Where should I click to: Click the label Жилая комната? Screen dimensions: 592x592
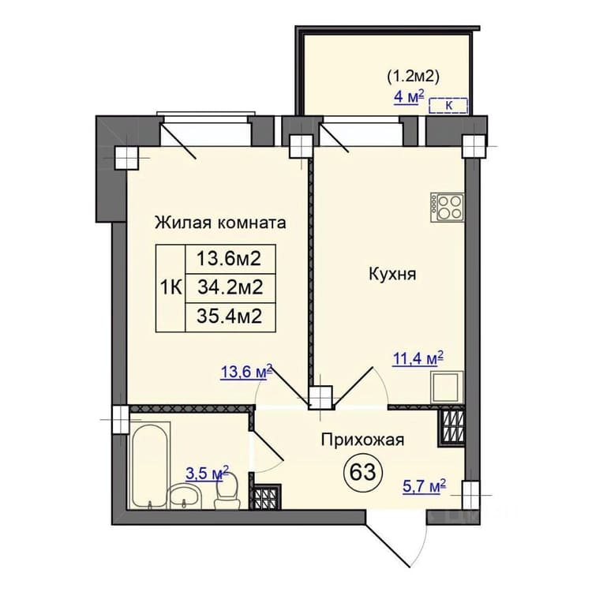coord(220,223)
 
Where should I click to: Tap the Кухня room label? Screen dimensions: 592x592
coord(392,274)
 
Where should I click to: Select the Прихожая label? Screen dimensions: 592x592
coord(362,440)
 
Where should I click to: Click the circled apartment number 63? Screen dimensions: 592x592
coord(363,471)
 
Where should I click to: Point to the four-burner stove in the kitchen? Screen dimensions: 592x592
coord(447,208)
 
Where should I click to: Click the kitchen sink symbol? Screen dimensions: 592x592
coord(447,388)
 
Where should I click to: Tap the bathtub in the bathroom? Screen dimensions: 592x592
coord(149,465)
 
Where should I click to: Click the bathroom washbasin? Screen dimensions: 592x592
coord(184,496)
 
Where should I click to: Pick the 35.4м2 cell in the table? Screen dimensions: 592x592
coord(230,317)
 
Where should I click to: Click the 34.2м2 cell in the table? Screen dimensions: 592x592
coord(230,288)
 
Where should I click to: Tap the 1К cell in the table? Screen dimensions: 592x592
coord(171,288)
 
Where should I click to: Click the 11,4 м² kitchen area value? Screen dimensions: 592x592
coord(418,358)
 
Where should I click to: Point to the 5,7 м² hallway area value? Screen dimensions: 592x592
coord(425,486)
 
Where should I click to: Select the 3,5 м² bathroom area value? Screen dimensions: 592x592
coord(208,473)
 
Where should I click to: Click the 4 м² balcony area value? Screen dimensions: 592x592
coord(409,96)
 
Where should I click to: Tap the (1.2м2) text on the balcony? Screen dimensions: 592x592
coord(413,77)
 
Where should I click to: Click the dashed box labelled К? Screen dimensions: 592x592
coord(448,105)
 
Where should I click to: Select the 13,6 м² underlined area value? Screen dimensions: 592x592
coord(246,373)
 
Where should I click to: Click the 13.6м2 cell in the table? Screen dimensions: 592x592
coord(230,259)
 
